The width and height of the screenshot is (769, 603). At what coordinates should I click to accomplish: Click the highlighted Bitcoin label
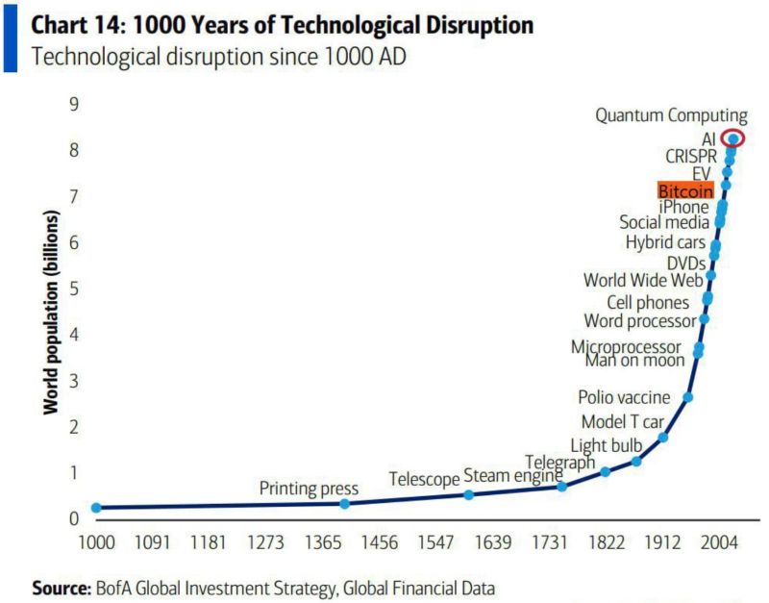click(685, 190)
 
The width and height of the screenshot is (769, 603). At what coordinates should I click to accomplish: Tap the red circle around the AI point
click(732, 138)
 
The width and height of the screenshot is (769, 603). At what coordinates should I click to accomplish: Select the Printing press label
click(309, 489)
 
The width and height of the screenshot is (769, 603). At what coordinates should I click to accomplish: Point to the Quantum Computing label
click(671, 115)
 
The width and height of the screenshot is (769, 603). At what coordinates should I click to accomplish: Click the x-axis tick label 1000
click(96, 542)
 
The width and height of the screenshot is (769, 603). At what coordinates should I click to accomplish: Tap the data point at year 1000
click(96, 507)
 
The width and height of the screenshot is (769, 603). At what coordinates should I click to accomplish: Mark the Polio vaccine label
click(624, 396)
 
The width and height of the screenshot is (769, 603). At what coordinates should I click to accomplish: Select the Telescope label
click(424, 479)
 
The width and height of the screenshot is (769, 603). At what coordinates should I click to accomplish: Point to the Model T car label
click(622, 421)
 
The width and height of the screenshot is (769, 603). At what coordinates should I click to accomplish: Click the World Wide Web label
click(643, 281)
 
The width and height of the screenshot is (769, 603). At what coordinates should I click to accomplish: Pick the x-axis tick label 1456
click(380, 542)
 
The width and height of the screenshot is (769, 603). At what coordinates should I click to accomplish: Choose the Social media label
click(664, 223)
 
